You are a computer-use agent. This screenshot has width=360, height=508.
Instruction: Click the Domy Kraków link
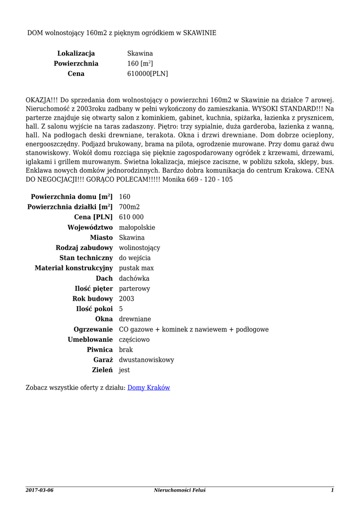[x=149, y=387]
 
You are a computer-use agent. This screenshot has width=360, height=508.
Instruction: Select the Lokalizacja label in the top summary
[x=76, y=53]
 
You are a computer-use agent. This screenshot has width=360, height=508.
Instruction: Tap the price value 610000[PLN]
[x=147, y=73]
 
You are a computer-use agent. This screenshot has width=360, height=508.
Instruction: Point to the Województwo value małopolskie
[x=137, y=227]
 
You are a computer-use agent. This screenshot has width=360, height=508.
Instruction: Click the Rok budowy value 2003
[x=127, y=299]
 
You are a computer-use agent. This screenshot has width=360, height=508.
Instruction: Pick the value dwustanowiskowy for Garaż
[x=146, y=360]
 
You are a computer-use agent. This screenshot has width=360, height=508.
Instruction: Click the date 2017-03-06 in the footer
[x=39, y=490]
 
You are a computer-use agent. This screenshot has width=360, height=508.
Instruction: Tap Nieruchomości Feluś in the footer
[x=180, y=490]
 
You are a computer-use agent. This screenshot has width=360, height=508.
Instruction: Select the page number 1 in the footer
[x=332, y=490]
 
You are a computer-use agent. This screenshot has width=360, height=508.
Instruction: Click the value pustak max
[x=137, y=268]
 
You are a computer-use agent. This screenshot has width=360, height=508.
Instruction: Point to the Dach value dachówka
[x=134, y=278]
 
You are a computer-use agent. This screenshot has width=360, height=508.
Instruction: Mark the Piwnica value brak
[x=126, y=350]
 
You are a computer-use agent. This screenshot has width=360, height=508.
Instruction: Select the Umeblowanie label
[x=90, y=340]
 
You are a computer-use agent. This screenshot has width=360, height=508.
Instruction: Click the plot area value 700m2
[x=130, y=207]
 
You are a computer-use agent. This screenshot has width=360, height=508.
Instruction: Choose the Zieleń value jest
[x=124, y=370]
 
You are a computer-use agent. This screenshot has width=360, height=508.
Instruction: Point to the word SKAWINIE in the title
[x=200, y=32]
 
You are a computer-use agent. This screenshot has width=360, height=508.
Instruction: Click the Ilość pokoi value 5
[x=121, y=309]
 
